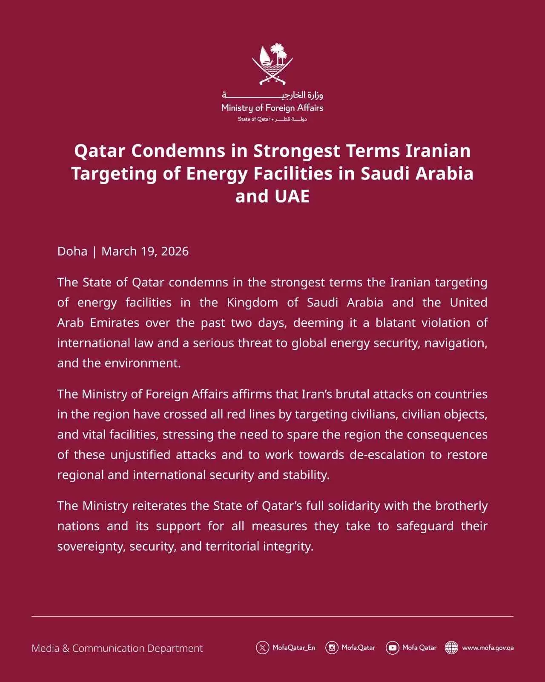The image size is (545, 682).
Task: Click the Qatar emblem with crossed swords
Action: point(272,64)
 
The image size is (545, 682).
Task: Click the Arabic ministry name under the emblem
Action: point(272,95)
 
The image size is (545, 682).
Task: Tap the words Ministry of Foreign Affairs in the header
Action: point(272,108)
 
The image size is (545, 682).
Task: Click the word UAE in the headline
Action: point(292,197)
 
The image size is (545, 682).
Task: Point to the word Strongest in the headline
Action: point(297,151)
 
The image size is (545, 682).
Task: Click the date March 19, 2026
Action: point(145,251)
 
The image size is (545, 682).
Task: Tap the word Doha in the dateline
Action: point(72,251)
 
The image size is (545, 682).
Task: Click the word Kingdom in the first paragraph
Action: point(252,303)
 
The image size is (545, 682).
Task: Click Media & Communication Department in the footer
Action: point(117,648)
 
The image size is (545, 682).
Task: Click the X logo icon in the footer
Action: point(262,648)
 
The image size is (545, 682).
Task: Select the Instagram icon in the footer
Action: point(332,648)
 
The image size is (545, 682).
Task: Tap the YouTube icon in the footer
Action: point(392,648)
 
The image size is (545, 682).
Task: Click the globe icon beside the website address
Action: point(451,648)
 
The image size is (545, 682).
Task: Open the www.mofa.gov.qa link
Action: point(488,648)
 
